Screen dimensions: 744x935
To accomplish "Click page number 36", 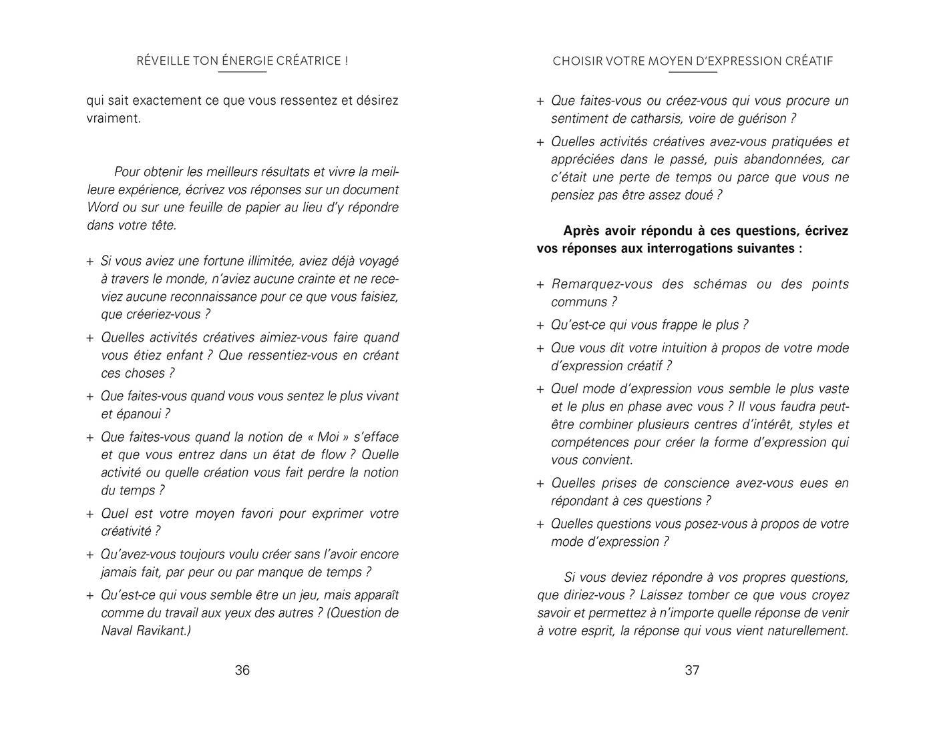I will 242,670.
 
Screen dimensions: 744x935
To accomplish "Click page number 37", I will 692,670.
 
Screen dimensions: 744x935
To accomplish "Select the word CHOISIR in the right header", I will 577,61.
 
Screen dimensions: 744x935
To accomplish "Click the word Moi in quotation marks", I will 328,437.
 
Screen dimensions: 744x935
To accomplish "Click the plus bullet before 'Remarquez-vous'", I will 540,285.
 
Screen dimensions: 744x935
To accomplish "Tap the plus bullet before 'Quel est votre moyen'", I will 90,514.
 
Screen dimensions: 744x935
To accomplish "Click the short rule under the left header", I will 242,71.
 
